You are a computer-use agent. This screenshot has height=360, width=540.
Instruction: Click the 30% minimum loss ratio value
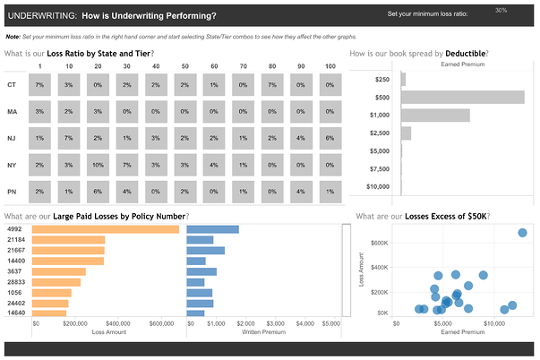tap(501, 11)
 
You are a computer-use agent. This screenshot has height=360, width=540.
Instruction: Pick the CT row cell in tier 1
tap(40, 84)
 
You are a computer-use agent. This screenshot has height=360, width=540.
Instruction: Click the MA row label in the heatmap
tap(12, 111)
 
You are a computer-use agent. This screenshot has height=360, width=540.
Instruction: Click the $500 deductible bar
tap(463, 97)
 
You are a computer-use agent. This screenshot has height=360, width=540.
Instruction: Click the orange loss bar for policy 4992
tap(106, 229)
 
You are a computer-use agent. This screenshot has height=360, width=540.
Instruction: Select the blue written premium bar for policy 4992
tap(213, 229)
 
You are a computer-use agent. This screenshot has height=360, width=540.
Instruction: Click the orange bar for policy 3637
tap(59, 271)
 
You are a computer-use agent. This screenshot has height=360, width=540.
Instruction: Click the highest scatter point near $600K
tap(523, 233)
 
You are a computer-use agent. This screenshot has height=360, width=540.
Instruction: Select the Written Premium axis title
tap(264, 331)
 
